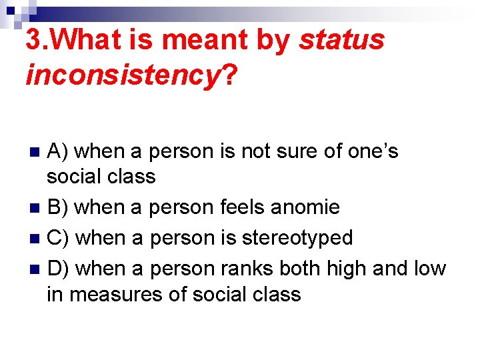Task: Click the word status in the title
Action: coord(342,41)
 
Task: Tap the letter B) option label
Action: coord(58,207)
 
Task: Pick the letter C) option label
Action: coord(59,238)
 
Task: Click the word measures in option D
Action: coord(111,294)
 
